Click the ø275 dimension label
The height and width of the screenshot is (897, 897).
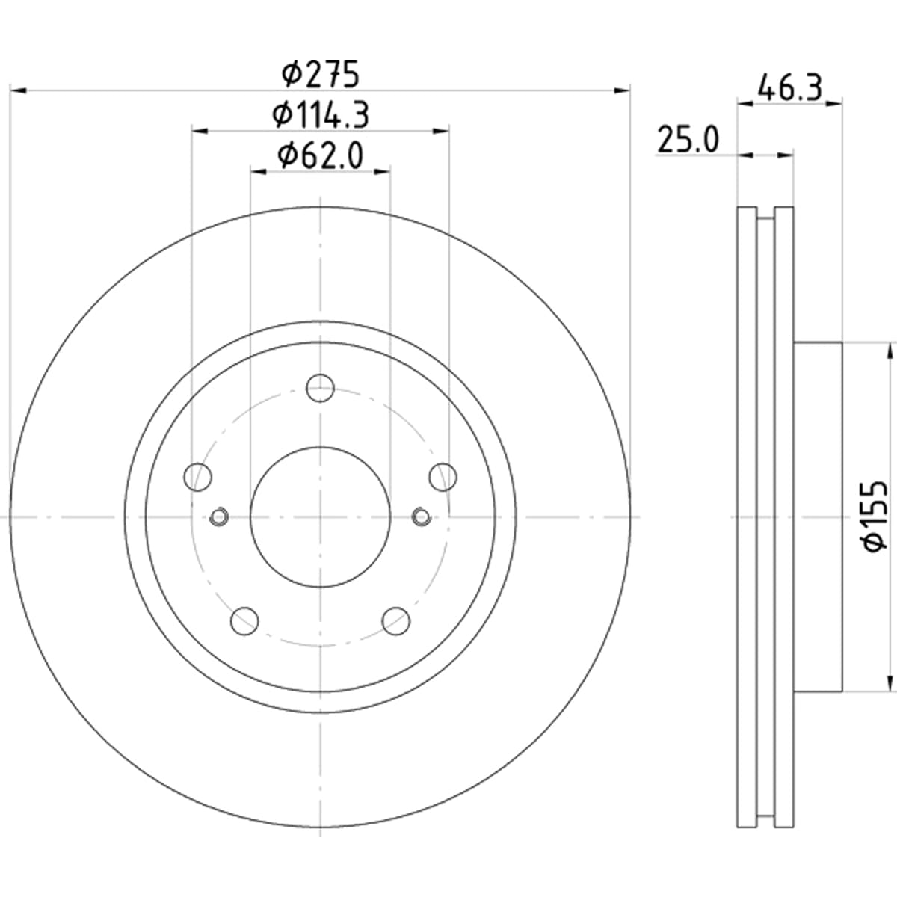321,74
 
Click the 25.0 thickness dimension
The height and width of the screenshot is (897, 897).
688,139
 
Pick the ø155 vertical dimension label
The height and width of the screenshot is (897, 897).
874,517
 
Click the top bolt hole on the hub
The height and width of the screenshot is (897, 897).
320,387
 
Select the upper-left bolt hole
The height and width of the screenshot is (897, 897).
198,477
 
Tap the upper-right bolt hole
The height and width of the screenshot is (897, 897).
443,477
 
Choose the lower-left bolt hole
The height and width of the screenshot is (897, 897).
244,620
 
